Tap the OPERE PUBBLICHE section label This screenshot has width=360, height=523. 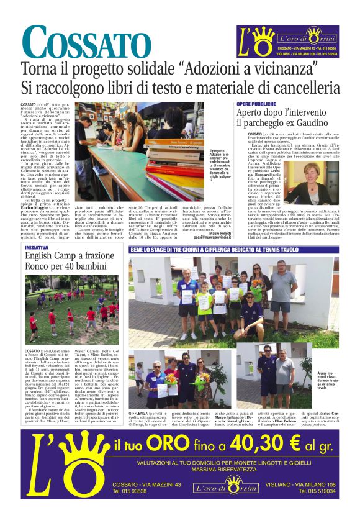click(256, 104)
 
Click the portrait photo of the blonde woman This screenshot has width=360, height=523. click(320, 176)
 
